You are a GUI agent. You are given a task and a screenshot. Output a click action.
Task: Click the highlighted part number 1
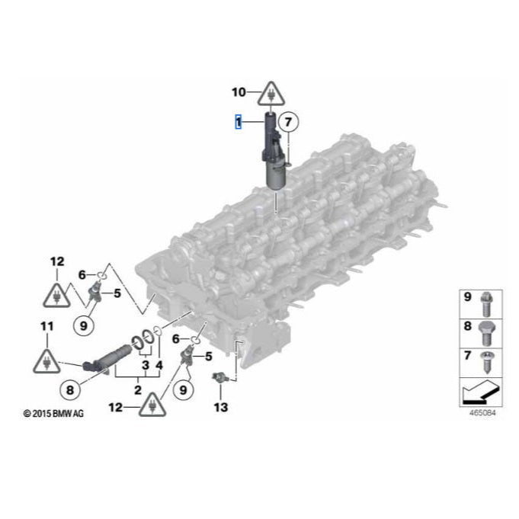[239, 121]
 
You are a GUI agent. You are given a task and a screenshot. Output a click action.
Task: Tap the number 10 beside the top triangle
[239, 93]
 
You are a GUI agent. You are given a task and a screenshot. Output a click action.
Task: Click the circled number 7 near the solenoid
[287, 121]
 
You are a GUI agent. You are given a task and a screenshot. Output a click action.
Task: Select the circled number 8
[69, 390]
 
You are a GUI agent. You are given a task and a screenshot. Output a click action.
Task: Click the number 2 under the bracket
[137, 389]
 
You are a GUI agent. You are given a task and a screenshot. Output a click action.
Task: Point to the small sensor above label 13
[220, 379]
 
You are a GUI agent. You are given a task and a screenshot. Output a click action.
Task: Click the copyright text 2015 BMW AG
[53, 414]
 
